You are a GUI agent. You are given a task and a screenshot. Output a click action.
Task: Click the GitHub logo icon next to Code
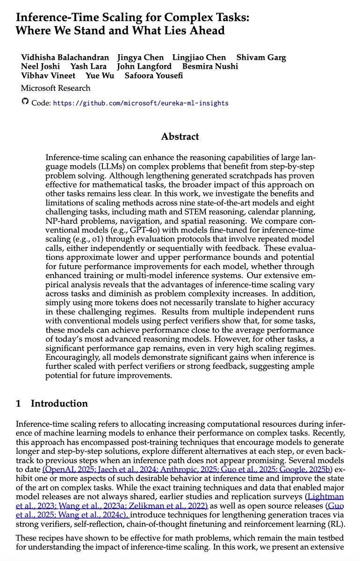[x=25, y=102]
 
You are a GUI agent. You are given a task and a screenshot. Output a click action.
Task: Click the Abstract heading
[x=180, y=137]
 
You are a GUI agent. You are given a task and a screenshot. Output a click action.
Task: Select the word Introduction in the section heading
[x=59, y=403]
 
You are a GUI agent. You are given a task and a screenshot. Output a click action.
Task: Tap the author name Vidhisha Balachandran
[x=65, y=58]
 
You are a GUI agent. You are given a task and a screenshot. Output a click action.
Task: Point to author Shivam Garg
[x=261, y=58]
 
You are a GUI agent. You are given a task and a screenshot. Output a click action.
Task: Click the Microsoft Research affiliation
[x=56, y=88]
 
